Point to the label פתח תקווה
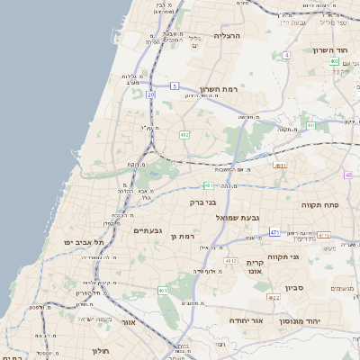pos(319,203)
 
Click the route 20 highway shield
pos(150,94)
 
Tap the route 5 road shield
pos(172,87)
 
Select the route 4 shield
pos(286,55)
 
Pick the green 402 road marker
pos(334,61)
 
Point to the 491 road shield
pos(281,166)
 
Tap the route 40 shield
pos(347,175)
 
